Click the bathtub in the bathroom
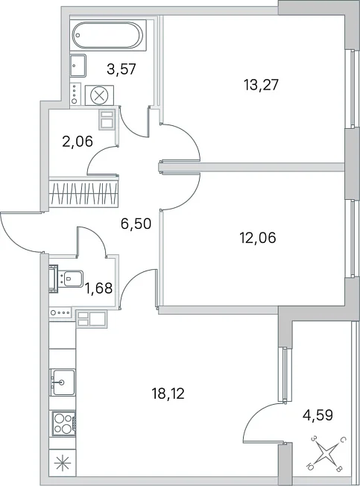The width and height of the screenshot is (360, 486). point(108,35)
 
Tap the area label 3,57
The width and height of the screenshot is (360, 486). point(121,69)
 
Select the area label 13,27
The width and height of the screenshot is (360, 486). point(261,84)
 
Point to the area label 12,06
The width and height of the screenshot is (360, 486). point(258,238)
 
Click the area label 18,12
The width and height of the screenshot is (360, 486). point(168,394)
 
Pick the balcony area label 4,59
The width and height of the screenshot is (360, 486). point(318,415)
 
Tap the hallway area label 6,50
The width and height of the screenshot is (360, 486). point(136,223)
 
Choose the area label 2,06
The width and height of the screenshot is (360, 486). point(78,142)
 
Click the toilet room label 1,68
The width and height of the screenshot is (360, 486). point(99,288)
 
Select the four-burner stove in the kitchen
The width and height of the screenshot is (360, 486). point(64,423)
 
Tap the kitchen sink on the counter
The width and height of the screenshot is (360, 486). point(63,382)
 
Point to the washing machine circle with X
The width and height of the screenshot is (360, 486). point(99,95)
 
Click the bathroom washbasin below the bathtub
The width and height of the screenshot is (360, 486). point(78,66)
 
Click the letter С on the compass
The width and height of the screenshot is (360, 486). point(343,440)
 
